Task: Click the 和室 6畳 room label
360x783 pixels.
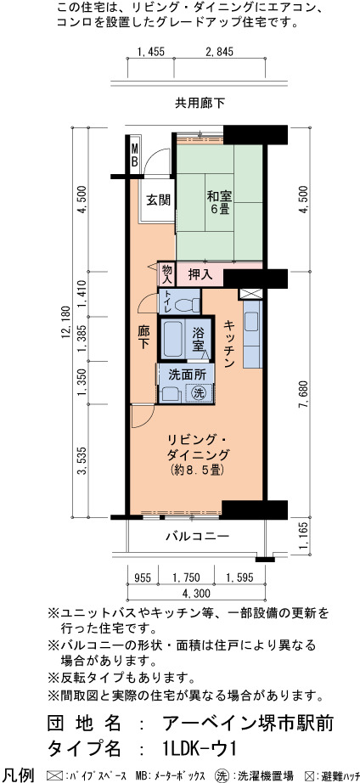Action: [x=218, y=202]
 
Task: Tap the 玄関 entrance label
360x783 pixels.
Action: [x=158, y=200]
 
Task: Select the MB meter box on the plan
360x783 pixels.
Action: [x=135, y=155]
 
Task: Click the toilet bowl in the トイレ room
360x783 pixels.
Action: [x=190, y=303]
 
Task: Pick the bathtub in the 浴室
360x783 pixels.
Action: [x=172, y=340]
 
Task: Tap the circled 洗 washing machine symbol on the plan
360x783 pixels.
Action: [x=199, y=392]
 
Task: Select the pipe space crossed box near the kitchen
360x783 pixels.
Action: [x=248, y=294]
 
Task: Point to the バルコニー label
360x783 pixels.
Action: [x=197, y=537]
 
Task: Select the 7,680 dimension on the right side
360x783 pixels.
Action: [x=304, y=395]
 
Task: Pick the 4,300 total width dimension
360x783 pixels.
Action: [x=195, y=594]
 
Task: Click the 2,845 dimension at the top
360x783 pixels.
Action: [x=220, y=51]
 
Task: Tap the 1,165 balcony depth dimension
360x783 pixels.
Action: [x=304, y=538]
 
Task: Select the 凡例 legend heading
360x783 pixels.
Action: [x=18, y=775]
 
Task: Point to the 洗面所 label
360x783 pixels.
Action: [x=184, y=373]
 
